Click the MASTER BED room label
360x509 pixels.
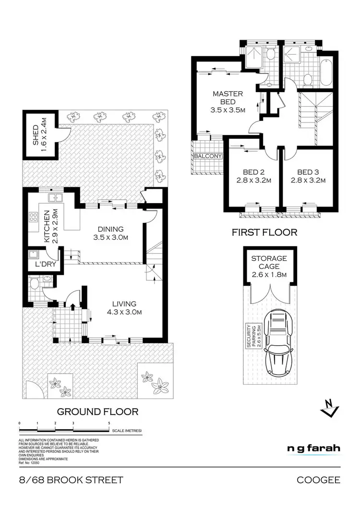coord(228,94)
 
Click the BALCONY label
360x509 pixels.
coord(208,157)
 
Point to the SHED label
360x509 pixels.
coord(35,135)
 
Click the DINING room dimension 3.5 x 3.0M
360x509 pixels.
coord(110,237)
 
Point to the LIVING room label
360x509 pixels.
coord(124,304)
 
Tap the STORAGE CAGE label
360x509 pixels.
coord(269,262)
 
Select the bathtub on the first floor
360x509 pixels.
coord(326,72)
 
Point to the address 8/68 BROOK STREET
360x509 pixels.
coord(71,480)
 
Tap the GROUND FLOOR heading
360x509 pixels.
coord(98,412)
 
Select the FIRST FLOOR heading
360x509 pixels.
coord(264,232)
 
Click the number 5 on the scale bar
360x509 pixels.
coord(109,423)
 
